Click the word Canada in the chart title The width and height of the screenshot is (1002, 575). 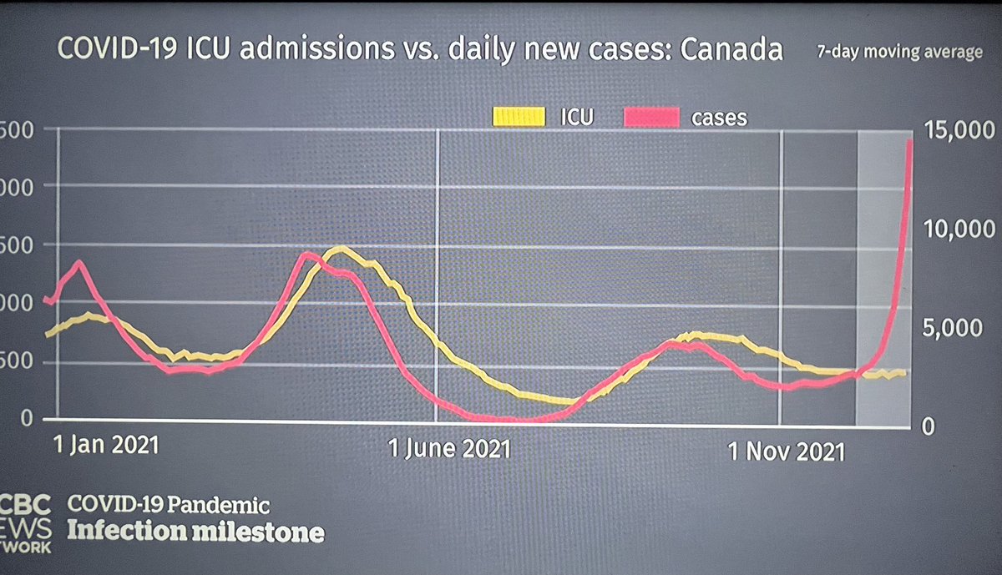(731, 50)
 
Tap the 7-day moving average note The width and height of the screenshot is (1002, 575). (899, 53)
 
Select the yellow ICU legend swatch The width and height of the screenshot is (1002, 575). (517, 118)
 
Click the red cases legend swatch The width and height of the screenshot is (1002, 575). (650, 118)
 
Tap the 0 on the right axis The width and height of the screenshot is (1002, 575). (929, 426)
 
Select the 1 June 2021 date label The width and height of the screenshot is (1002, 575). (448, 450)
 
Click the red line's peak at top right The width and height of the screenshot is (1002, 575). (909, 141)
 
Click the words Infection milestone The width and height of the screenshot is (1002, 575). (195, 531)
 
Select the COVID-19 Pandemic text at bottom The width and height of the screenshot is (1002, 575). (169, 505)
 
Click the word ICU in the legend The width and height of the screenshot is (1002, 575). (577, 118)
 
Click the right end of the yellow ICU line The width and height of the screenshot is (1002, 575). (904, 373)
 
